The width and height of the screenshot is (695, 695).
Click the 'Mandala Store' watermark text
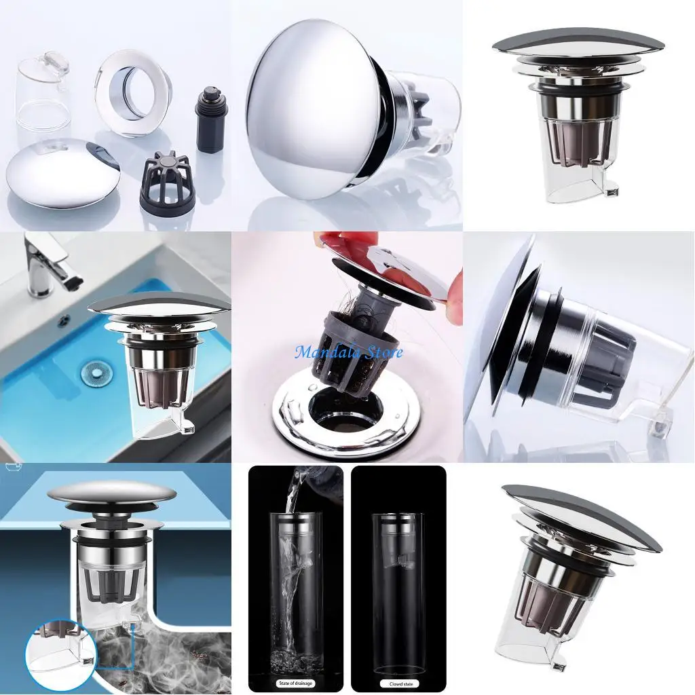[349, 352]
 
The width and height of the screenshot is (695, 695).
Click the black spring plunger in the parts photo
[212, 119]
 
